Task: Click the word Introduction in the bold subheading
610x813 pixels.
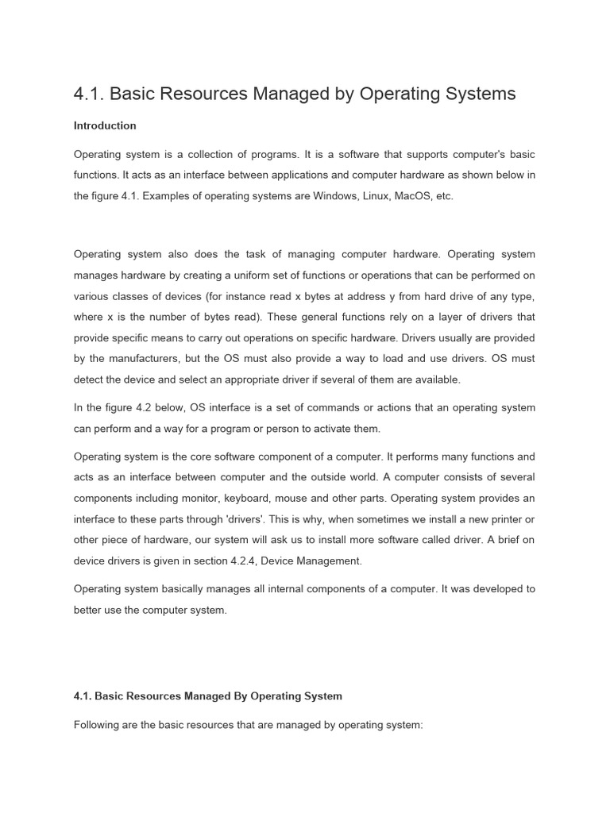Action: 105,125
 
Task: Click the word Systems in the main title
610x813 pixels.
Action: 477,94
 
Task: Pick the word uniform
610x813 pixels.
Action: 238,275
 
